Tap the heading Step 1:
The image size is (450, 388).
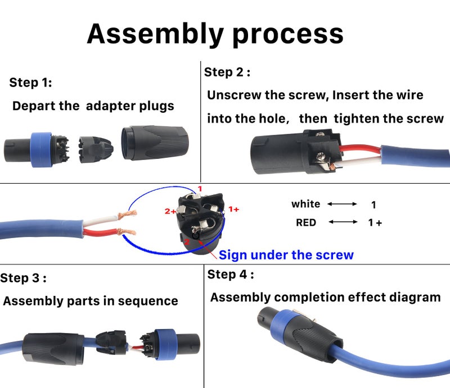[30, 83]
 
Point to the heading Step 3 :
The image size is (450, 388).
[23, 278]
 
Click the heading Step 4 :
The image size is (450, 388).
[231, 275]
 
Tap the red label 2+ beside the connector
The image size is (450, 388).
[170, 211]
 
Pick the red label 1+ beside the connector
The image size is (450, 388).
[233, 209]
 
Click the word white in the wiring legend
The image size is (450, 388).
[305, 204]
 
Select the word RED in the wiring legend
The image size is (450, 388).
[306, 222]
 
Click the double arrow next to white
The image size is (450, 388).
[342, 204]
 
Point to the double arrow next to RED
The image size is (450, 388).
[343, 222]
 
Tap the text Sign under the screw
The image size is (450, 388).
[286, 255]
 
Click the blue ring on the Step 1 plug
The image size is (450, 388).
[41, 147]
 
